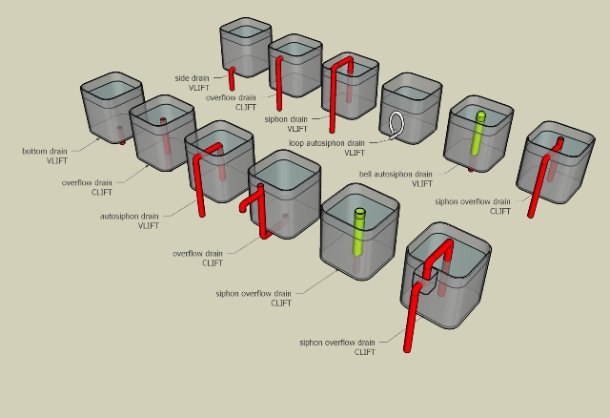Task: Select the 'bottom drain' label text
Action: point(45,151)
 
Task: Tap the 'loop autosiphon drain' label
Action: point(327,143)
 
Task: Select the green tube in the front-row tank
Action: point(359,229)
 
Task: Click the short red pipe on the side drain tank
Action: point(231,79)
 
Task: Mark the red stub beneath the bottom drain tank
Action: point(125,142)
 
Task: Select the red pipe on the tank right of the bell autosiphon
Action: point(543,177)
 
